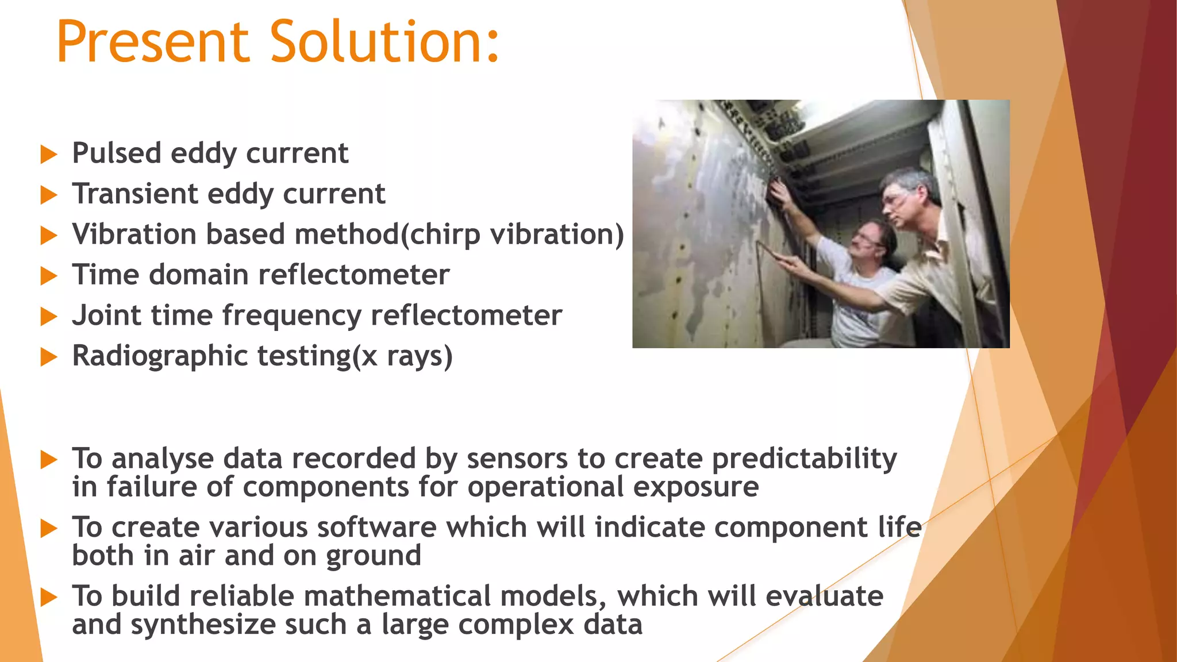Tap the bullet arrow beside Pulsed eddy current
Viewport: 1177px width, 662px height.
coord(49,155)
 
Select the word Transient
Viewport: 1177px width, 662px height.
coord(134,194)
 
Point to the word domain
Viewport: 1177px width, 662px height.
coord(198,275)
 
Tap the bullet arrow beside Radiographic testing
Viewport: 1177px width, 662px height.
coord(49,357)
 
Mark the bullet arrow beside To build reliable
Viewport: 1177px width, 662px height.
coord(49,598)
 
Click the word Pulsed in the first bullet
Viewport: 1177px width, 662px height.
coord(117,153)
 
